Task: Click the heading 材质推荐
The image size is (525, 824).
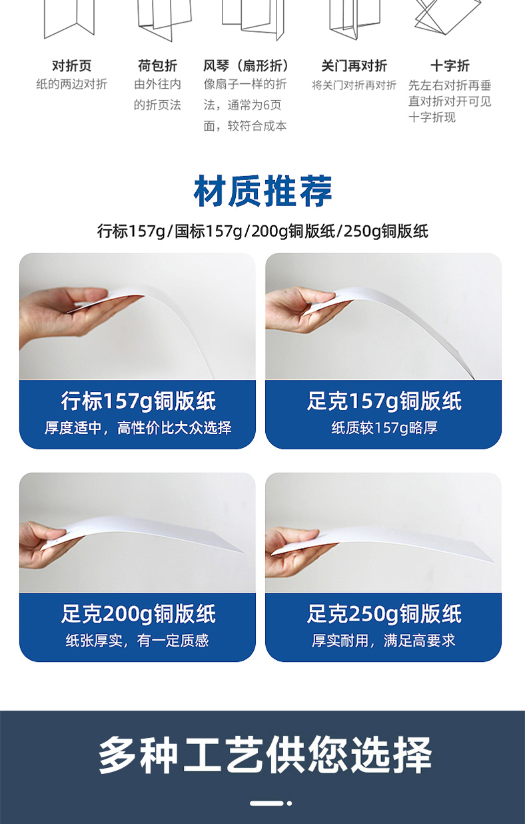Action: tap(262, 191)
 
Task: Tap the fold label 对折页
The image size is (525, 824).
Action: tap(71, 65)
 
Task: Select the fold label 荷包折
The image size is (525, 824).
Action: tap(157, 65)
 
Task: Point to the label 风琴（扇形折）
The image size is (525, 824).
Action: tap(247, 65)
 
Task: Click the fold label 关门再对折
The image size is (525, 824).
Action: tap(354, 65)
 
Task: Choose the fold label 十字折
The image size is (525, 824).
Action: tap(450, 65)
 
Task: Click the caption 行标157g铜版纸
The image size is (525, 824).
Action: tap(138, 401)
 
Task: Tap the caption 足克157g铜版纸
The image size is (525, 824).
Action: tap(384, 401)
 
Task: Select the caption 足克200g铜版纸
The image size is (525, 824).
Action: tap(138, 614)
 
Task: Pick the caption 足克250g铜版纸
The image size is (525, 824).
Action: tap(384, 614)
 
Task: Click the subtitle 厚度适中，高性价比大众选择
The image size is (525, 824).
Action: tap(138, 428)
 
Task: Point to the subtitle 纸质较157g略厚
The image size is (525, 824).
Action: tap(384, 428)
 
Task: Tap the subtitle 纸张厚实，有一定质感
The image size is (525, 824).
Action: tap(138, 641)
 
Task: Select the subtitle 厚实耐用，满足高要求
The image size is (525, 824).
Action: tap(384, 641)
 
